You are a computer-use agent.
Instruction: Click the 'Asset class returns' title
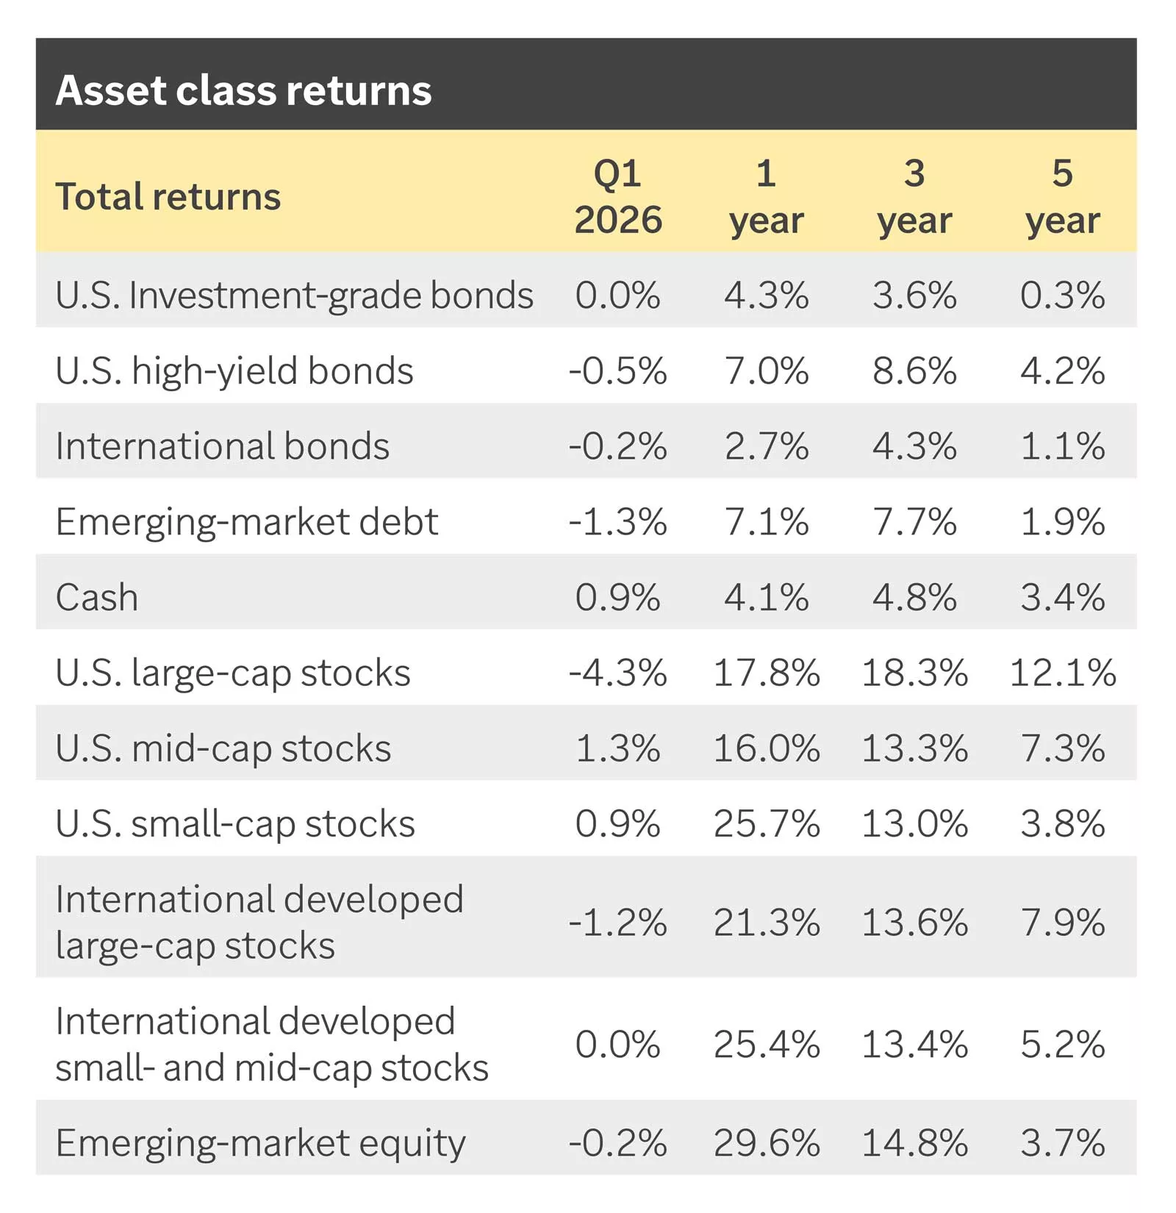coord(243,90)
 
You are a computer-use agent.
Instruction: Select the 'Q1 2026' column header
coord(617,196)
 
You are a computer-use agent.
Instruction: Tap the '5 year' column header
coord(1062,196)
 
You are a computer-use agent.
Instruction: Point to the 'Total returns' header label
coord(168,197)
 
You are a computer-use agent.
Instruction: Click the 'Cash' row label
coord(97,597)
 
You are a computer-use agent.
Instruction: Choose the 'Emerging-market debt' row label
coord(247,522)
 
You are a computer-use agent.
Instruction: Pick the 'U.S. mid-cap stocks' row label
coord(223,748)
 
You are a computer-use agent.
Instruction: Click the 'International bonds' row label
coord(223,446)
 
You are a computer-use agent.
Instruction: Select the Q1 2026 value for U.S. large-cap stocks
coord(617,673)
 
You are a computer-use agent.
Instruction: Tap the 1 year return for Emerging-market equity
coord(767,1143)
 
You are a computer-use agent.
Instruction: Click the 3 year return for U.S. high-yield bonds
coord(914,371)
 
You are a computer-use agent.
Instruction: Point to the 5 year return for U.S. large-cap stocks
coord(1062,673)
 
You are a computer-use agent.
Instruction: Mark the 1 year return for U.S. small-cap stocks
coord(767,823)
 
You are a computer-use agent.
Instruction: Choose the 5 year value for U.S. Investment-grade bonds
coord(1062,296)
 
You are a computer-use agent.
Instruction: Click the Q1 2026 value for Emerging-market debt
coord(617,522)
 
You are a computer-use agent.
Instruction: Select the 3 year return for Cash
coord(914,597)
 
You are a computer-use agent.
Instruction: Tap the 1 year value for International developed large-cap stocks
coord(767,923)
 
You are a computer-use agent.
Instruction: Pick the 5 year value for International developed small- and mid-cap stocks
coord(1062,1045)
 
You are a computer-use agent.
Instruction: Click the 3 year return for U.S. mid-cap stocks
coord(914,748)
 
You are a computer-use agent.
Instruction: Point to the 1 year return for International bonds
coord(767,446)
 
